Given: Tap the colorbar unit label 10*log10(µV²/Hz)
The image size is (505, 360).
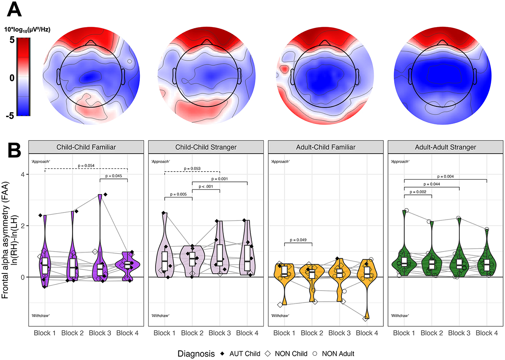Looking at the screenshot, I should [x=30, y=29].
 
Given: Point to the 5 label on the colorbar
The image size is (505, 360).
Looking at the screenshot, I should [x=12, y=40].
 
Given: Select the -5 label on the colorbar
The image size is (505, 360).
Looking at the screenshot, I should [x=10, y=115].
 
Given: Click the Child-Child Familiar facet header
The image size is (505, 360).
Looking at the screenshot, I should [x=86, y=147].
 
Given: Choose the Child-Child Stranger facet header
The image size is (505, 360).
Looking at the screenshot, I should [x=206, y=147].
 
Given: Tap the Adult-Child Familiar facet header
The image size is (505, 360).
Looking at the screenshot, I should [x=325, y=147].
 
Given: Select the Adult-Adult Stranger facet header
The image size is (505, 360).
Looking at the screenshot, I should [x=445, y=147].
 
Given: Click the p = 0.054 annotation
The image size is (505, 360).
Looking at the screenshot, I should [x=86, y=166].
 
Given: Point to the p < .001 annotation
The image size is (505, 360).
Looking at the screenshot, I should [x=206, y=186].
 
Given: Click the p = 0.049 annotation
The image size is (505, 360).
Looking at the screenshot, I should [x=298, y=240].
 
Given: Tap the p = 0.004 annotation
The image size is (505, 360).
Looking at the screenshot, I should [x=445, y=177].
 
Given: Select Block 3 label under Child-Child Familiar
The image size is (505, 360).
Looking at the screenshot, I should [x=100, y=333].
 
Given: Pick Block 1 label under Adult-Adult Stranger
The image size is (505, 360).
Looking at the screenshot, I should [x=404, y=333].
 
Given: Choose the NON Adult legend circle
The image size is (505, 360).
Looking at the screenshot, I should [x=316, y=354].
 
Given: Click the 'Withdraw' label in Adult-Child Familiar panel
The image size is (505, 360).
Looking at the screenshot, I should [x=280, y=316].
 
